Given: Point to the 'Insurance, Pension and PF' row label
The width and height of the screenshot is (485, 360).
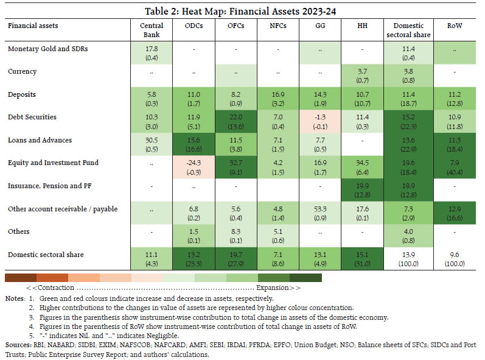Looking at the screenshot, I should click(46, 185).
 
